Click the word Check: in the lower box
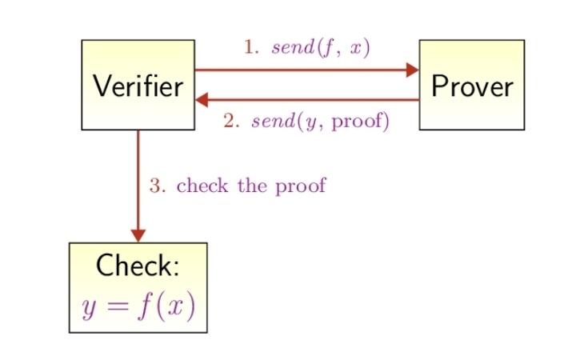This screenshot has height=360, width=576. point(137,266)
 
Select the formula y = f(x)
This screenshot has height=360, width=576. point(138,307)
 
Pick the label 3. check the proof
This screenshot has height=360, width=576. point(238,186)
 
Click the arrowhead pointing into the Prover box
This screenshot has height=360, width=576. point(413,70)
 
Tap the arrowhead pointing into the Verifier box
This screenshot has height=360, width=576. point(202,100)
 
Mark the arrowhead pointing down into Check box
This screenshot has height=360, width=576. point(138,235)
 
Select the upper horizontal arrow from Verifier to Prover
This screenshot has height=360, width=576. point(304,70)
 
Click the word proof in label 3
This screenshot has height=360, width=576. point(301,187)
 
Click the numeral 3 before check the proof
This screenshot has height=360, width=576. point(154,186)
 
